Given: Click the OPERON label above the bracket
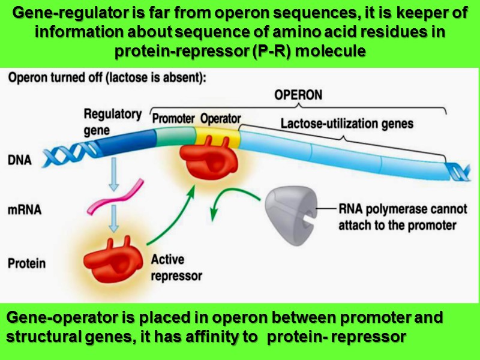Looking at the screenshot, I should click(x=298, y=95).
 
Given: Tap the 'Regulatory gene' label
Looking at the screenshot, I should click(x=112, y=121).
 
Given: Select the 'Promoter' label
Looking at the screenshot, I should click(x=173, y=118).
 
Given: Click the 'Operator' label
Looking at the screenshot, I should click(x=220, y=118).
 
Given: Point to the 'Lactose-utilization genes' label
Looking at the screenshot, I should click(x=347, y=124).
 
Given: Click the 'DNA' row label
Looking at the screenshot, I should click(x=20, y=160).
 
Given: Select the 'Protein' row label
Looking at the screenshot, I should click(x=26, y=263).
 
